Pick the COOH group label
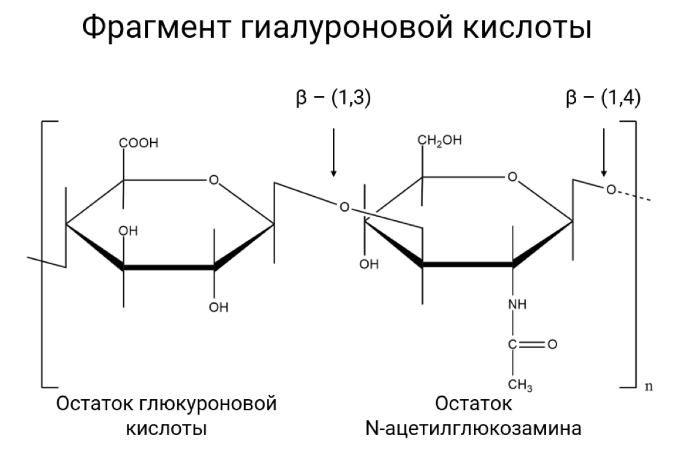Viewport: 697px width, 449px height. coord(139,143)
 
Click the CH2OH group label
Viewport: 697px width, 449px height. coord(440,142)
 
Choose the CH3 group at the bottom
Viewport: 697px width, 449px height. coord(520,384)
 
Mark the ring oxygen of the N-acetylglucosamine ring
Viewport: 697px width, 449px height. coord(512,177)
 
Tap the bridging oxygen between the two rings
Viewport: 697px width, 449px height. coord(344,208)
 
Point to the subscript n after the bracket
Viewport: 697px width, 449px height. coord(649,386)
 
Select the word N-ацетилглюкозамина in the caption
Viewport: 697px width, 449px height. coord(473,429)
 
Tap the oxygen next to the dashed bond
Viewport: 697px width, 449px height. coord(610,190)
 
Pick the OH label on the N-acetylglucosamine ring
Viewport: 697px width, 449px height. coord(369,265)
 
